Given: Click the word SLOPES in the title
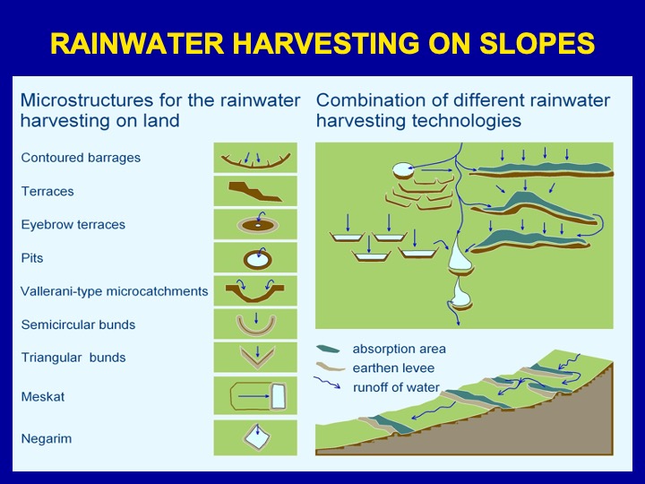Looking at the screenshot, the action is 537,43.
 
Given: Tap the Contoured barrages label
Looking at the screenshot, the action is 81,158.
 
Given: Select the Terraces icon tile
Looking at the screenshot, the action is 255,191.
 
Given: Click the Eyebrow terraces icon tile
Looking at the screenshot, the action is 255,224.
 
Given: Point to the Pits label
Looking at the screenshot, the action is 32,258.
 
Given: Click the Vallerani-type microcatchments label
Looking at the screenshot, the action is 115,291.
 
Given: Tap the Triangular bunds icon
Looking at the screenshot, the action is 257,364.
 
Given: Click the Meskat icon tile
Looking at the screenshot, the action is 255,395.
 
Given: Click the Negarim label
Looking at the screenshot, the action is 47,438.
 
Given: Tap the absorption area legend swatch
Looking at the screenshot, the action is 328,350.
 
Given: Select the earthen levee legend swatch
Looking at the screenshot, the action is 330,367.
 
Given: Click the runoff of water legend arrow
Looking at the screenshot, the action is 327,383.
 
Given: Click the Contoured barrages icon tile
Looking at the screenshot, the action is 255,158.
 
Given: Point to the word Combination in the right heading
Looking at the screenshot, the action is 371,100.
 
